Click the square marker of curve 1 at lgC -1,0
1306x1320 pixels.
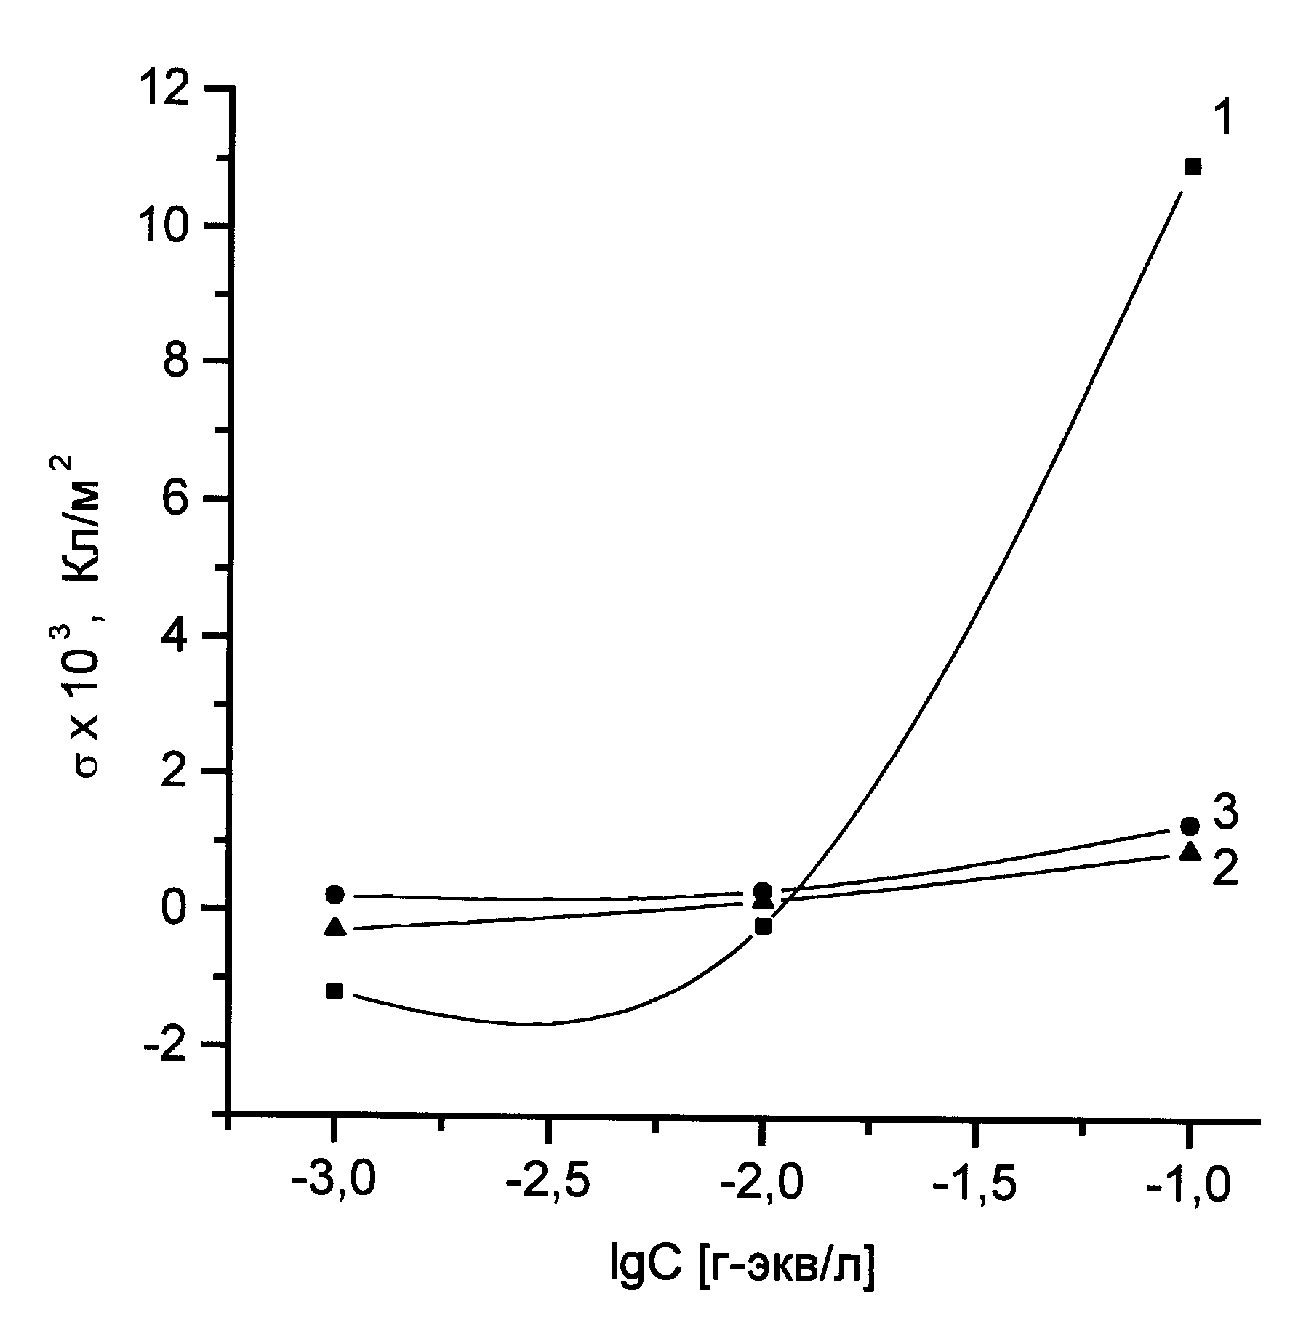coord(1192,168)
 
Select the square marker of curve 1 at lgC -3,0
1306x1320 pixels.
coord(334,991)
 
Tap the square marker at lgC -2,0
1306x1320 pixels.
coord(763,926)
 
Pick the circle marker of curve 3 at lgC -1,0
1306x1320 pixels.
coord(1190,826)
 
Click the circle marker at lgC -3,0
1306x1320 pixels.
coord(335,894)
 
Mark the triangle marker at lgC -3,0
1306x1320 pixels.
coord(335,927)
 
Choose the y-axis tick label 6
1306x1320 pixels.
coord(175,498)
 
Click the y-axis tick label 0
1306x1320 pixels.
coord(175,909)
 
